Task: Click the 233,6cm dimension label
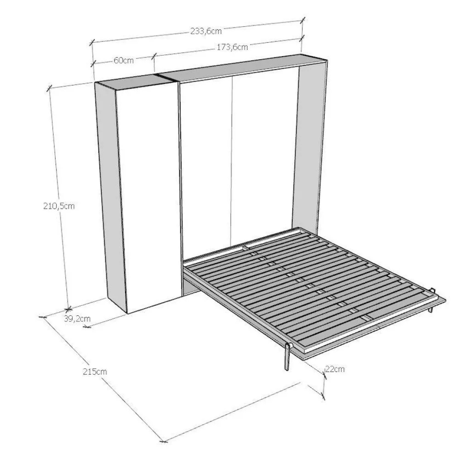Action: [x=206, y=31]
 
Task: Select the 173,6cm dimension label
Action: [x=232, y=47]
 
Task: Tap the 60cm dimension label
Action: [x=124, y=60]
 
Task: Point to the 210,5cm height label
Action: [x=59, y=206]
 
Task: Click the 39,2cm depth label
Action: [x=77, y=319]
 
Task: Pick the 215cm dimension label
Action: [x=95, y=371]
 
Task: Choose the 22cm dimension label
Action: [x=335, y=369]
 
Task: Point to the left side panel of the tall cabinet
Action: [x=111, y=195]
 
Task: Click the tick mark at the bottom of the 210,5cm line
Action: [x=68, y=308]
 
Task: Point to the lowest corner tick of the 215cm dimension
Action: [x=164, y=441]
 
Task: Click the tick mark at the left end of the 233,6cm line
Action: [x=92, y=43]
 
